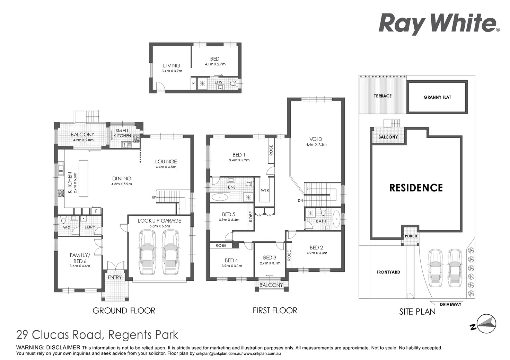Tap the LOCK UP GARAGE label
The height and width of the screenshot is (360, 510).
[x=159, y=220]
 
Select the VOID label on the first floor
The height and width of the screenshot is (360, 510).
[x=316, y=139]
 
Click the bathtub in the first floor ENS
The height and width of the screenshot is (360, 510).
[x=220, y=198]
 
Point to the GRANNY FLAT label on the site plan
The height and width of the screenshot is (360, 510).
[x=437, y=97]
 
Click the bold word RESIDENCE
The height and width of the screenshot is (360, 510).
[x=416, y=188]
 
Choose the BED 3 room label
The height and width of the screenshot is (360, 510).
[x=270, y=258]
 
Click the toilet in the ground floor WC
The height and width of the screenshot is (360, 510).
[x=63, y=220]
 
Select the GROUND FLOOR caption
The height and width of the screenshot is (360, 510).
[x=124, y=310]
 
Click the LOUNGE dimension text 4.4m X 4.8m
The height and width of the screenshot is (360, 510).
[x=166, y=167]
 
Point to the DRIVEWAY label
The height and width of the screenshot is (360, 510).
[x=450, y=304]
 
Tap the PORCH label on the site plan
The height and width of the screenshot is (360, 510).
[x=411, y=236]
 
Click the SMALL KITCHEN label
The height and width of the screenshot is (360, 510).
[x=122, y=133]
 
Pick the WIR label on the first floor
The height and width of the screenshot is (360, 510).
[x=265, y=190]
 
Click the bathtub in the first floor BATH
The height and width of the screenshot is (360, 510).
[x=336, y=219]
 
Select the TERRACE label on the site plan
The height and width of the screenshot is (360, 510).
[x=382, y=96]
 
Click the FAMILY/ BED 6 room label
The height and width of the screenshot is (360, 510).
[x=80, y=258]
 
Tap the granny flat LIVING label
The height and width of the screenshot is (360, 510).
[x=172, y=65]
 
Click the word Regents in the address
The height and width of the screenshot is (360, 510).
[x=130, y=335]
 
